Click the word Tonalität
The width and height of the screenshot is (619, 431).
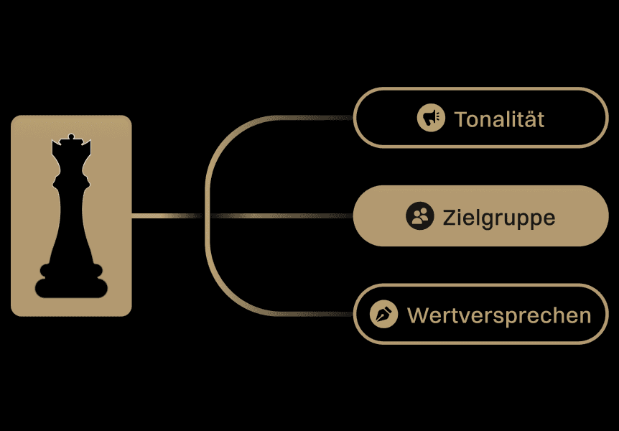click(x=499, y=119)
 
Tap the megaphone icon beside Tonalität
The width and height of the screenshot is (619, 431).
click(x=431, y=118)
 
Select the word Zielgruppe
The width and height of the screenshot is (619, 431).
click(x=499, y=216)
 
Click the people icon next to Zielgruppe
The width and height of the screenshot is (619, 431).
click(x=419, y=215)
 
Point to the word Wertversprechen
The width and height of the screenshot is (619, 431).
click(x=499, y=315)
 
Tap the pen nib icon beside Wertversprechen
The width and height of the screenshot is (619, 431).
click(x=383, y=314)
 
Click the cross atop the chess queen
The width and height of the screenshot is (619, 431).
click(x=70, y=136)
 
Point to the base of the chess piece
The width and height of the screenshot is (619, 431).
click(x=70, y=284)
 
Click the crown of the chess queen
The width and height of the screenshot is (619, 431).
click(x=70, y=152)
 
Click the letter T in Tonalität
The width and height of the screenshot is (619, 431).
click(x=460, y=119)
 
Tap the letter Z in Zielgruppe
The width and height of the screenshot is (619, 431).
click(x=450, y=216)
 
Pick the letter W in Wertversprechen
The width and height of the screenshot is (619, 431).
click(x=416, y=315)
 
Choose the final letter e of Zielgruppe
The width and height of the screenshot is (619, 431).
click(x=549, y=218)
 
